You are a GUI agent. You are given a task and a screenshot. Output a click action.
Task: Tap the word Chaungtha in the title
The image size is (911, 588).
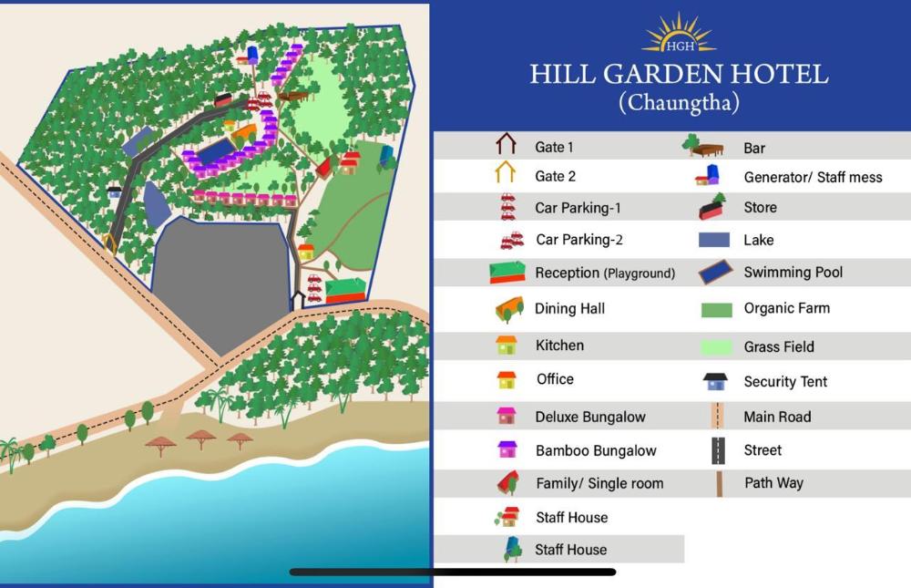click(x=679, y=102)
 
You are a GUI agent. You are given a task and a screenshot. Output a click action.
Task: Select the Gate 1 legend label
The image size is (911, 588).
click(x=554, y=147)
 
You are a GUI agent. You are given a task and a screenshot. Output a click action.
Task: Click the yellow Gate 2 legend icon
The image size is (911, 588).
click(x=506, y=174)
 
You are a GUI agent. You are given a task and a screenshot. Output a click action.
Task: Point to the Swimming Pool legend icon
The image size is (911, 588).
click(x=718, y=272)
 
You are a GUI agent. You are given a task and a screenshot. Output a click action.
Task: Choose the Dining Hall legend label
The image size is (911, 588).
click(x=569, y=308)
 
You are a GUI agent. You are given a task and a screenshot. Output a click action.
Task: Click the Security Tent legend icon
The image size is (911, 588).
click(x=715, y=381)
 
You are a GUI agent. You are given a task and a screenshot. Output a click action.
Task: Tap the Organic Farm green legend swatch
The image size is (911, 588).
click(x=717, y=310)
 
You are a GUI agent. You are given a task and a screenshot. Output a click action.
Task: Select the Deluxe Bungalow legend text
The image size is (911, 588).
click(x=590, y=417)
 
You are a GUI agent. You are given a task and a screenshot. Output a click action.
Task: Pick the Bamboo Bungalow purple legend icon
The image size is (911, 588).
click(x=507, y=449)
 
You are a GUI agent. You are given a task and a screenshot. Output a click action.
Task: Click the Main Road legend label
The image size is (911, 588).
click(x=777, y=417)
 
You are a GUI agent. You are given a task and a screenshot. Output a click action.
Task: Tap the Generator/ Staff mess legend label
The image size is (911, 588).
click(x=813, y=177)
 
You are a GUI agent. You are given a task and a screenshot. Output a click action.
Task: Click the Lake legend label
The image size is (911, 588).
click(x=759, y=240)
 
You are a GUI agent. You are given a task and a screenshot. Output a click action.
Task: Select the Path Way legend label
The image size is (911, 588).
click(x=773, y=482)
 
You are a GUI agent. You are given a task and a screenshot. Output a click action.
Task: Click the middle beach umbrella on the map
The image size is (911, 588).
click(x=201, y=438)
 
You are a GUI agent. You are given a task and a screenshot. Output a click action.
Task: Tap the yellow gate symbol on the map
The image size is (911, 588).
click(x=109, y=242)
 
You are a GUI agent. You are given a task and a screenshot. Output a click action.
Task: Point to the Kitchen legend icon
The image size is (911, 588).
click(x=507, y=345)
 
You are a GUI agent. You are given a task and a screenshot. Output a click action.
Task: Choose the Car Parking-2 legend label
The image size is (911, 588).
click(x=578, y=240)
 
